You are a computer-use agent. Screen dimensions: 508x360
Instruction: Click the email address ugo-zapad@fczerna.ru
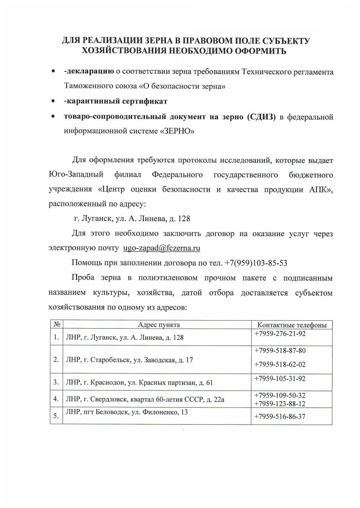click(162, 248)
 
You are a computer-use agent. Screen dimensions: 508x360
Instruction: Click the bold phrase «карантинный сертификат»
click(116, 101)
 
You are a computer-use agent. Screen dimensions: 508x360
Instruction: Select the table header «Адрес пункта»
click(159, 325)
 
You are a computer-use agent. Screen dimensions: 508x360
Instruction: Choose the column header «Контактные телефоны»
click(292, 325)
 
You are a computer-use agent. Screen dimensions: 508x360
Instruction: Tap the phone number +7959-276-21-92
click(280, 333)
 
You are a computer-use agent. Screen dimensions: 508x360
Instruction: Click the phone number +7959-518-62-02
click(280, 364)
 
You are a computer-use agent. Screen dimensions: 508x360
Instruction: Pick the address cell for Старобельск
click(129, 360)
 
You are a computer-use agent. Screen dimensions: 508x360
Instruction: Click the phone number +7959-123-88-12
click(280, 404)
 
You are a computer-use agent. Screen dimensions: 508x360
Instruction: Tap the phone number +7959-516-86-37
click(280, 416)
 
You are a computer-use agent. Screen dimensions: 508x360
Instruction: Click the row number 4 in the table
click(56, 399)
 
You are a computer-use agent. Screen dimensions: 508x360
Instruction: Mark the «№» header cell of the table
click(56, 325)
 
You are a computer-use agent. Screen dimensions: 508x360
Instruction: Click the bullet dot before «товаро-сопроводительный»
click(53, 117)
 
